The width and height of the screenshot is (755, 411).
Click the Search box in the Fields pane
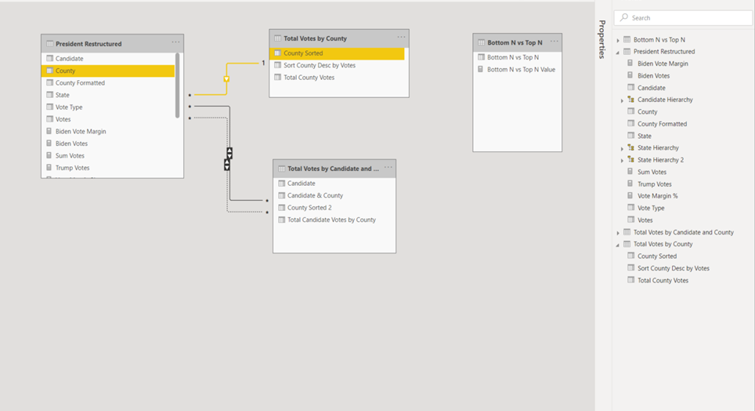click(x=683, y=18)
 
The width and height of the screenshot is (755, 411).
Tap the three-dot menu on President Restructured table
click(x=175, y=42)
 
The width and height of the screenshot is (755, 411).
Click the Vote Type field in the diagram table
click(x=69, y=107)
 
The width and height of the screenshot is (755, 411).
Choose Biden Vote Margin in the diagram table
click(x=81, y=131)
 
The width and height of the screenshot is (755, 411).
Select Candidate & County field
click(x=315, y=195)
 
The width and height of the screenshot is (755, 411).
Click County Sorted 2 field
click(x=309, y=207)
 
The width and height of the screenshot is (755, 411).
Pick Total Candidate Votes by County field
click(x=331, y=220)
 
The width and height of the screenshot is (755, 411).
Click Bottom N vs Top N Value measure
click(x=521, y=70)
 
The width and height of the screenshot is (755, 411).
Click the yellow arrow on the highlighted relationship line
click(x=226, y=78)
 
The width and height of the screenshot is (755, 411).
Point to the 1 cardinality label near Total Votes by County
click(x=263, y=63)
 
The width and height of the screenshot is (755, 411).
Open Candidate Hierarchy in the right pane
click(x=665, y=100)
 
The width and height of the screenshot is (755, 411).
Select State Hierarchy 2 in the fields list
click(x=660, y=160)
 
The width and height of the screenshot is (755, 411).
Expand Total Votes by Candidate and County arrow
click(x=618, y=232)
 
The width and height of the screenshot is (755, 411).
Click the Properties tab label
click(x=601, y=39)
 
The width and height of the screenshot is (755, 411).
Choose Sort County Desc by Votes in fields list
click(x=673, y=268)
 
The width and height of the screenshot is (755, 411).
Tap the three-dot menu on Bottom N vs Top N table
click(x=555, y=42)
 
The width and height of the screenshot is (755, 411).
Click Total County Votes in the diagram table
click(x=309, y=77)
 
